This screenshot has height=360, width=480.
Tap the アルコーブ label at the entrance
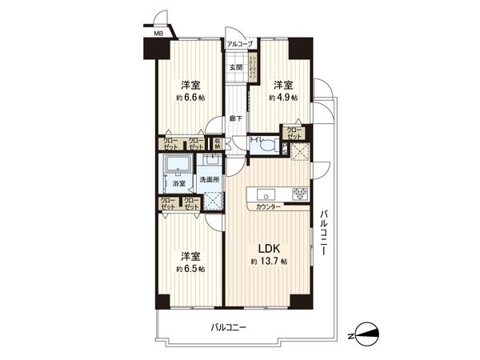coord(239,45)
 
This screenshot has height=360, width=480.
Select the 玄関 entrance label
coord(236,67)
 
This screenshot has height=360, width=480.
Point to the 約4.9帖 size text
coord(283,98)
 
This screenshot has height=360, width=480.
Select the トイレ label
coord(256,140)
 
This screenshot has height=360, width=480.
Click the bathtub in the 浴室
coord(175,166)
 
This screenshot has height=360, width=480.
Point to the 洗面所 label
coord(210,180)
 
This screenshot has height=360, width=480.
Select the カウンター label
coord(268,207)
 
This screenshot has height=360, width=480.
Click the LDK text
coord(267,247)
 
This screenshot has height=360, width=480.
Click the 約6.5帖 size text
coord(190,269)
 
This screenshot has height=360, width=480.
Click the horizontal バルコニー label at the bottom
coord(229,328)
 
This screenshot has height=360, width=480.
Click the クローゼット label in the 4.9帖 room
coord(294,132)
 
